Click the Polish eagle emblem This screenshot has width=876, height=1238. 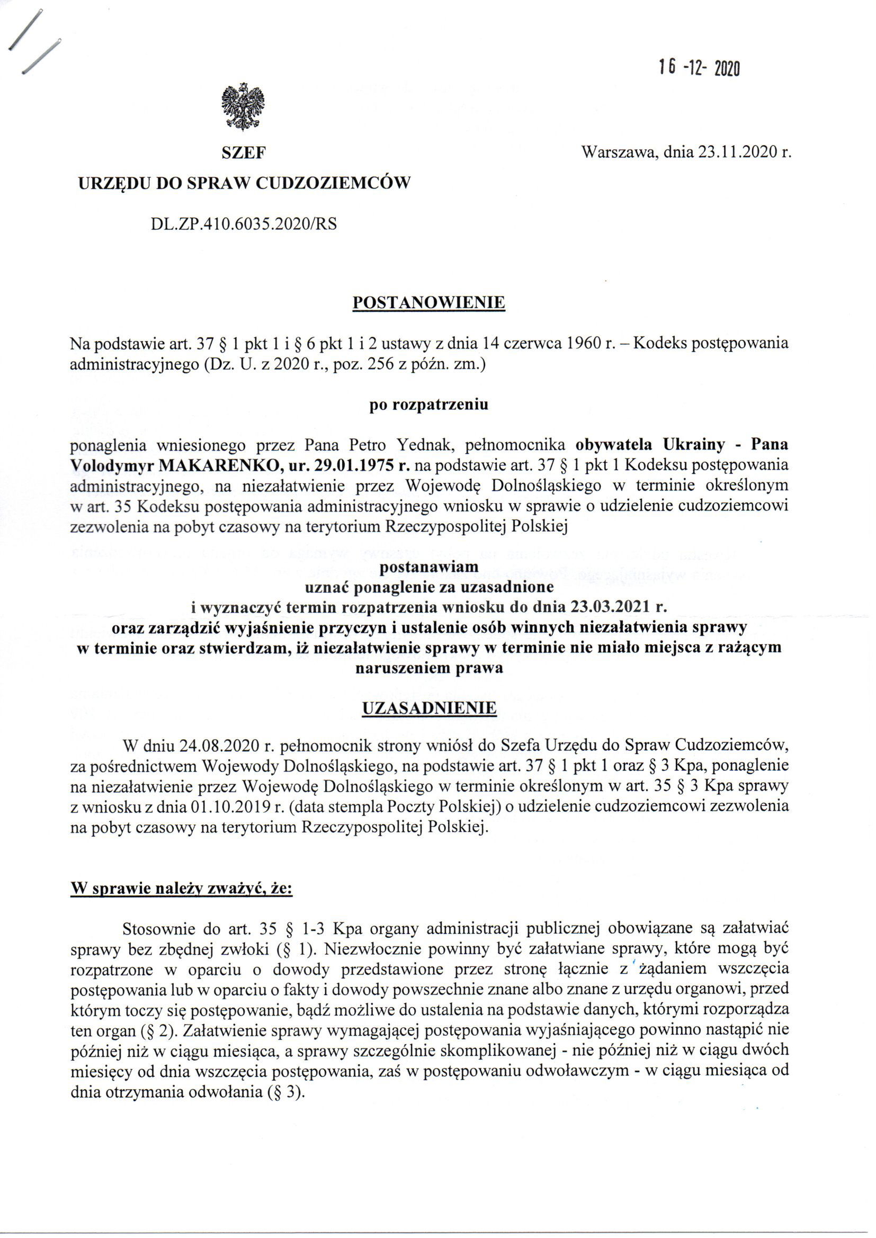pyautogui.click(x=244, y=107)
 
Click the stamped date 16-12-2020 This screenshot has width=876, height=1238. pyautogui.click(x=698, y=69)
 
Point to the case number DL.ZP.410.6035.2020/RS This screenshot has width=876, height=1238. pyautogui.click(x=244, y=223)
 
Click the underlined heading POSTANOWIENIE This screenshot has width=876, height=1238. pyautogui.click(x=429, y=302)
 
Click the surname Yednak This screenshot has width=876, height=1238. pyautogui.click(x=419, y=445)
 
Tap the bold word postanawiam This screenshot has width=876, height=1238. pyautogui.click(x=430, y=567)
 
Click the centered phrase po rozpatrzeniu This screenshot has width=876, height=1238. pyautogui.click(x=429, y=405)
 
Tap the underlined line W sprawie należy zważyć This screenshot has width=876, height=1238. pyautogui.click(x=181, y=889)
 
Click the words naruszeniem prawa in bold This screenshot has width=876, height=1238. pyautogui.click(x=429, y=668)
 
